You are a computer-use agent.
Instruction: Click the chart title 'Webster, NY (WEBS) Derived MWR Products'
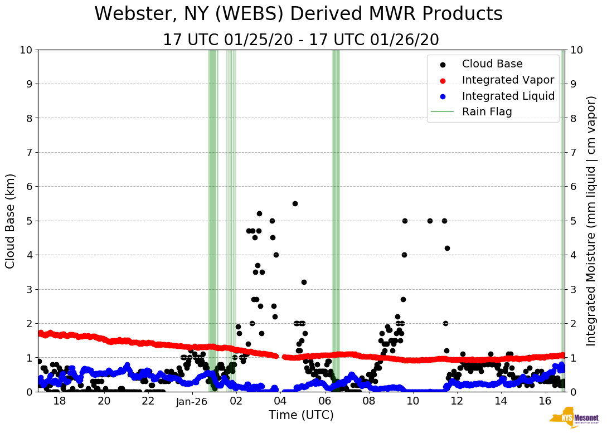[298, 14]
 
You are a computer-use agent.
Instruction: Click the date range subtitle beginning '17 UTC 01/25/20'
[300, 40]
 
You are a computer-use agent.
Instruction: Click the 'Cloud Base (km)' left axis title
[11, 221]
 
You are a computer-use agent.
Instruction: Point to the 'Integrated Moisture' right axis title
[591, 221]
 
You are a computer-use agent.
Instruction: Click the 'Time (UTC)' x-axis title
[301, 415]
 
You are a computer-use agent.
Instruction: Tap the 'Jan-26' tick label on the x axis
[192, 401]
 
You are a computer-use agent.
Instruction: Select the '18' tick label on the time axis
[60, 401]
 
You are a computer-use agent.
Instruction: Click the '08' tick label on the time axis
[368, 401]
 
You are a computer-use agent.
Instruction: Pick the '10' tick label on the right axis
[577, 50]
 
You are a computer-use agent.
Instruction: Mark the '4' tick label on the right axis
[574, 255]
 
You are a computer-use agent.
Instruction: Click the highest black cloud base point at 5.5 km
[295, 203]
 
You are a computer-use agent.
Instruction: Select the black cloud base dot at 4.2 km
[447, 248]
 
